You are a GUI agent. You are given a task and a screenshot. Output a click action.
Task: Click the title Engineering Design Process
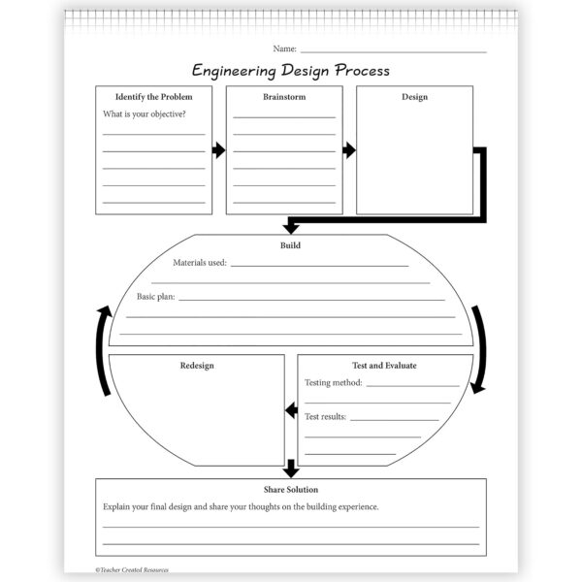(x=290, y=70)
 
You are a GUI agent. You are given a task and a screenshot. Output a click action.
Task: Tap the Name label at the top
(x=284, y=48)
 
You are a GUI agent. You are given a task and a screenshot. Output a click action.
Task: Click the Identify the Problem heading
(x=153, y=97)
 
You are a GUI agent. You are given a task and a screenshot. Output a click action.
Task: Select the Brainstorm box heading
(x=284, y=97)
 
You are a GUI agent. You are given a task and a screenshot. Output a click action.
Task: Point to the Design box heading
(x=414, y=97)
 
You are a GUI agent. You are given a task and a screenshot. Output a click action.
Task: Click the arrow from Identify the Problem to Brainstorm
(x=219, y=150)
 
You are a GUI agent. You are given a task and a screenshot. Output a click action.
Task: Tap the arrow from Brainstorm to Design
(x=349, y=150)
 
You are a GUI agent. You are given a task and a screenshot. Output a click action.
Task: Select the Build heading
(x=290, y=245)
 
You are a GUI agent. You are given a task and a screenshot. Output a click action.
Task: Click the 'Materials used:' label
(x=199, y=262)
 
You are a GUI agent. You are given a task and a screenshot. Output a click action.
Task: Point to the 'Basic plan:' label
(x=155, y=296)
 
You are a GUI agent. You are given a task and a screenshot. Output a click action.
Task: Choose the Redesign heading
(x=197, y=366)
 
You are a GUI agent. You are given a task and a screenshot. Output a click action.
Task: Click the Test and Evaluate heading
(x=384, y=366)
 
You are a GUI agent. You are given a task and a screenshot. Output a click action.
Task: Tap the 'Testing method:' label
(x=333, y=382)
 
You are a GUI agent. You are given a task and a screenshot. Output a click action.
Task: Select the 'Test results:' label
(x=325, y=417)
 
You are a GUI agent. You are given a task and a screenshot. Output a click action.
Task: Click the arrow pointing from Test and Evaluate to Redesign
(x=291, y=410)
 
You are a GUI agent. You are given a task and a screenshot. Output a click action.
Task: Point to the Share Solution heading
(x=290, y=490)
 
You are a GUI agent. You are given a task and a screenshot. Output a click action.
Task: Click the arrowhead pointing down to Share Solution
(x=291, y=467)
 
